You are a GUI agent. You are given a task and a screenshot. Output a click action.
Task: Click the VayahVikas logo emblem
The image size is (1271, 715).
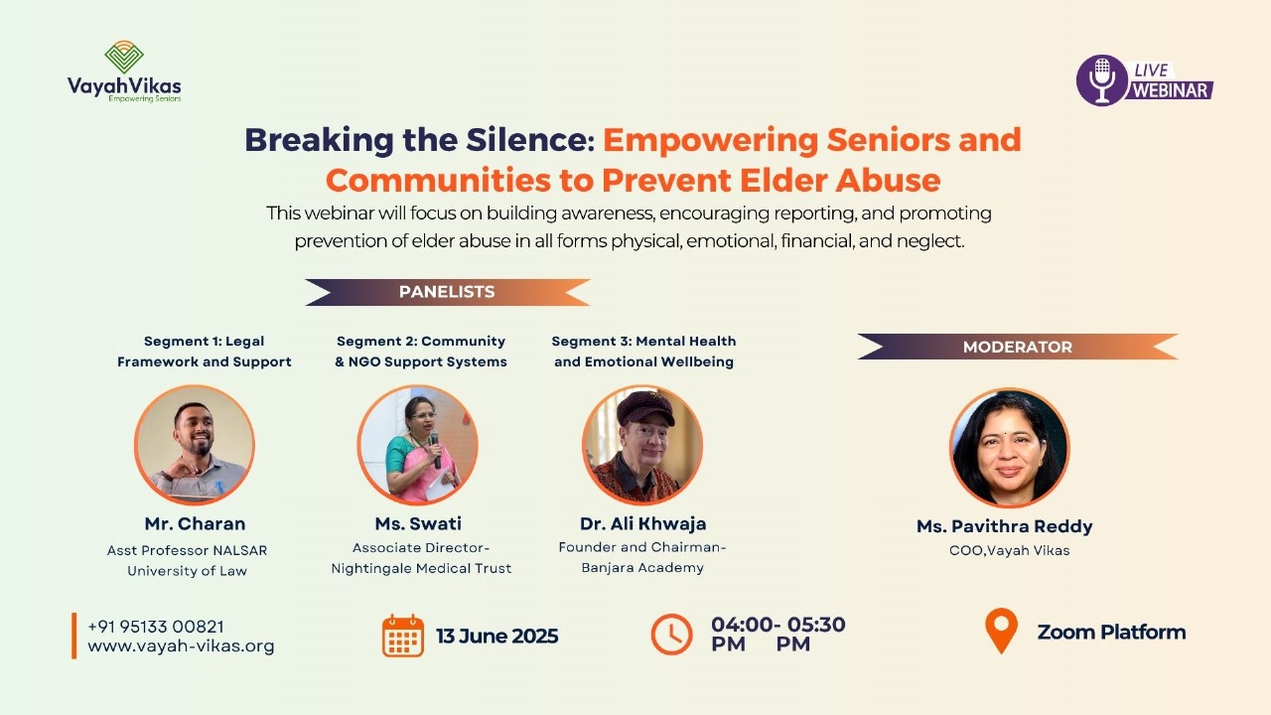pyautogui.click(x=124, y=57)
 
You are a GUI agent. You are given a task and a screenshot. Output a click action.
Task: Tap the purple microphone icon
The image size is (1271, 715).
pyautogui.click(x=1101, y=80)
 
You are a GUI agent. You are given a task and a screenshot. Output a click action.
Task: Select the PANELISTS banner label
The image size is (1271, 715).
pyautogui.click(x=447, y=292)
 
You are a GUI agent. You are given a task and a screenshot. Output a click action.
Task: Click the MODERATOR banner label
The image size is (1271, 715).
pyautogui.click(x=1018, y=347)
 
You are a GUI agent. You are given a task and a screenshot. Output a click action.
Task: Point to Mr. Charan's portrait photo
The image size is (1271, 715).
pyautogui.click(x=195, y=445)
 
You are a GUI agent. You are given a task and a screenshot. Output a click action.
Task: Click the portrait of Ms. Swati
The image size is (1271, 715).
pyautogui.click(x=418, y=445)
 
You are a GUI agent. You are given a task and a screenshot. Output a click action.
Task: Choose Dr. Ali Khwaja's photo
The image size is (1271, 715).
pyautogui.click(x=642, y=445)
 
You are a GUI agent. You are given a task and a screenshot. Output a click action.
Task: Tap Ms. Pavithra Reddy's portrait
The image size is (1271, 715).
pyautogui.click(x=1010, y=447)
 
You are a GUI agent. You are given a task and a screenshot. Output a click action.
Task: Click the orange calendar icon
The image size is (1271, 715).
pyautogui.click(x=403, y=636)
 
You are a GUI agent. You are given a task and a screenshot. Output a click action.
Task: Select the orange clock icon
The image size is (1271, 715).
pyautogui.click(x=671, y=634)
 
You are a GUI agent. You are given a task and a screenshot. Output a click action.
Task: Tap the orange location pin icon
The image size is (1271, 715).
pyautogui.click(x=1002, y=631)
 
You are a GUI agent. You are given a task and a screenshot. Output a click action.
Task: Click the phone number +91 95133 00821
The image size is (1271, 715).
pyautogui.click(x=156, y=627)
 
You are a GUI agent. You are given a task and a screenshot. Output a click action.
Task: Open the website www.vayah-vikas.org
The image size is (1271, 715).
pyautogui.click(x=181, y=645)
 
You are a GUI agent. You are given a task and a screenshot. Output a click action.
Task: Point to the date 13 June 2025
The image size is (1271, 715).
pyautogui.click(x=497, y=636)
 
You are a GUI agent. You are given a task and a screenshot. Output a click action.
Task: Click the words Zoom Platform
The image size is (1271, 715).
pyautogui.click(x=1111, y=632)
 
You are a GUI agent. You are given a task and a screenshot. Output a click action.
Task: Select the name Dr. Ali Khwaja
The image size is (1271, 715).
pyautogui.click(x=642, y=523)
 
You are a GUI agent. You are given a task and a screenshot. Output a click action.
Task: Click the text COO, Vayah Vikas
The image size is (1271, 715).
pyautogui.click(x=1010, y=550)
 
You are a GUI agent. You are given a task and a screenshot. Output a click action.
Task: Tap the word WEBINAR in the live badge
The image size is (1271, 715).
pyautogui.click(x=1170, y=90)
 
